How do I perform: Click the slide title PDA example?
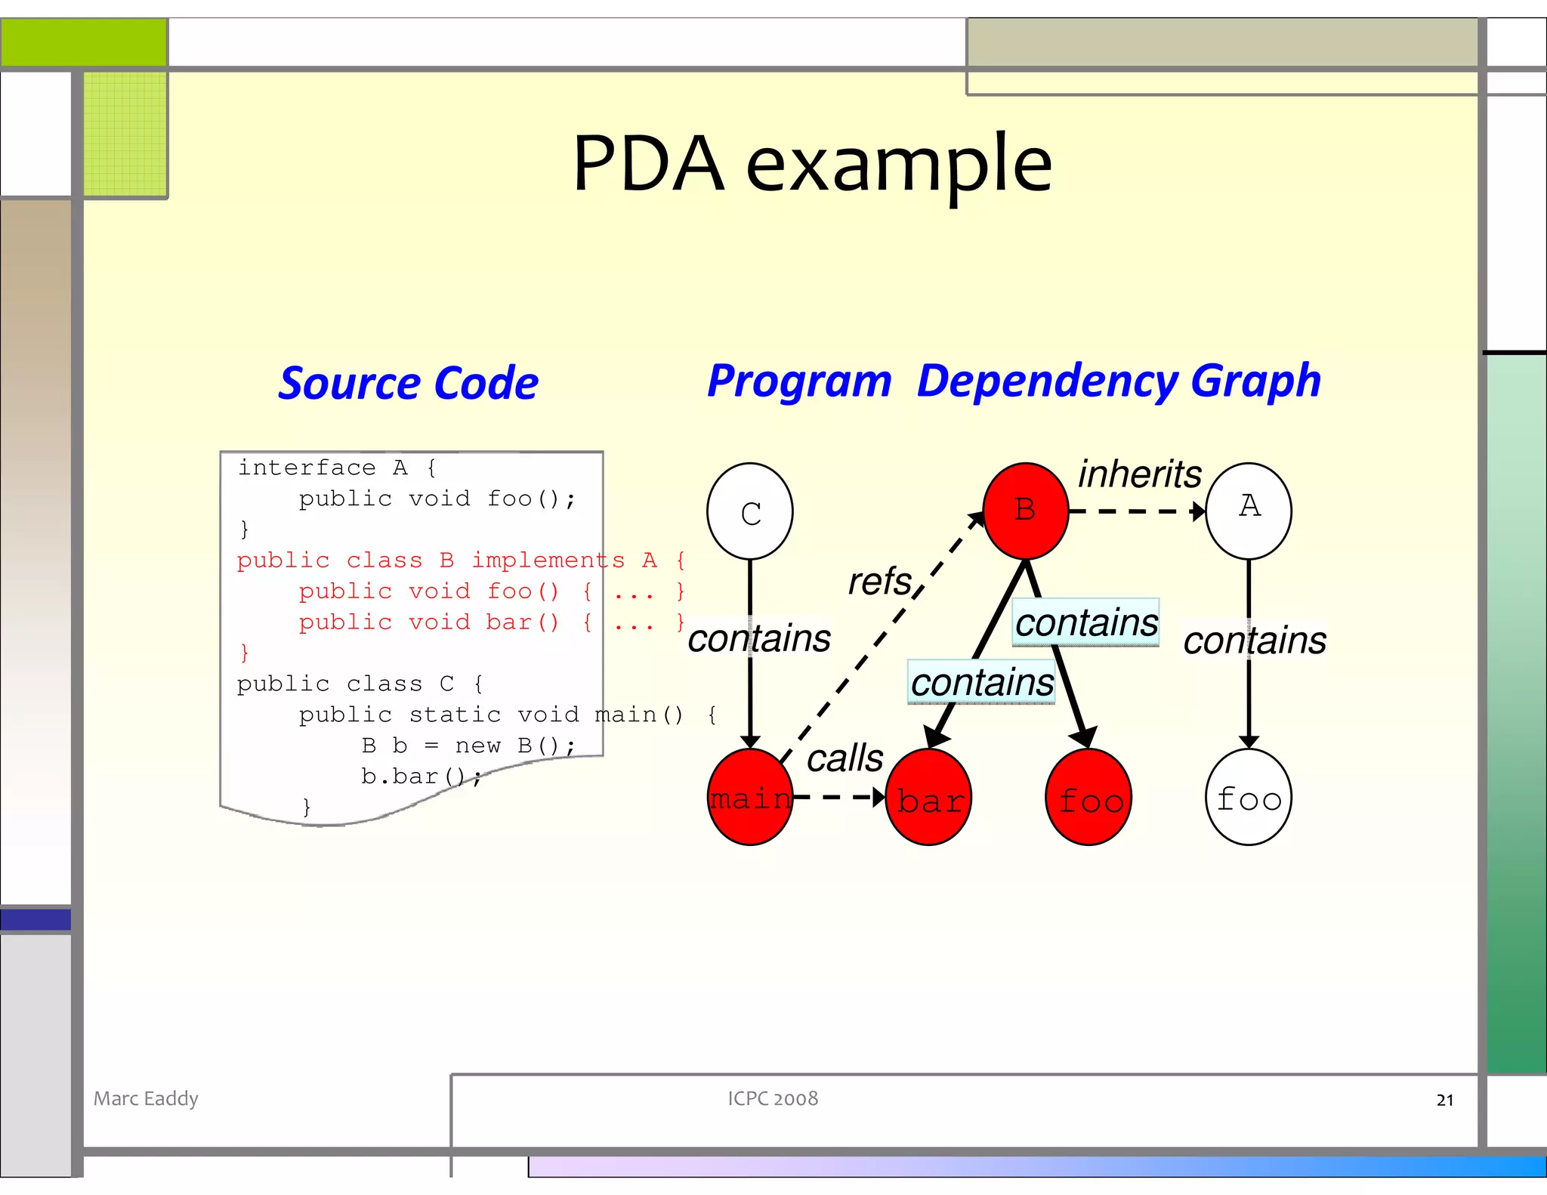click(812, 163)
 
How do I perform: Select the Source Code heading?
click(408, 383)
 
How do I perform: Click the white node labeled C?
click(749, 511)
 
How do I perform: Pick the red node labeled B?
click(1025, 511)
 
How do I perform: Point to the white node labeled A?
click(1249, 511)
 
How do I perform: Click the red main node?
click(749, 797)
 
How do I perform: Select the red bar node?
click(928, 798)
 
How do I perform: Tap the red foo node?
click(1088, 798)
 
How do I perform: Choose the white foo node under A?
click(1249, 798)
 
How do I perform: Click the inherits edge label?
click(1138, 474)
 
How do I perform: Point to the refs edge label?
click(879, 581)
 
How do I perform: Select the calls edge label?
click(845, 758)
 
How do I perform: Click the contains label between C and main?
click(758, 638)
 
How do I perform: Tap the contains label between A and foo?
click(1254, 641)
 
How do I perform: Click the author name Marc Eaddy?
click(146, 1098)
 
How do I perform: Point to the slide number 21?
click(1444, 1100)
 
